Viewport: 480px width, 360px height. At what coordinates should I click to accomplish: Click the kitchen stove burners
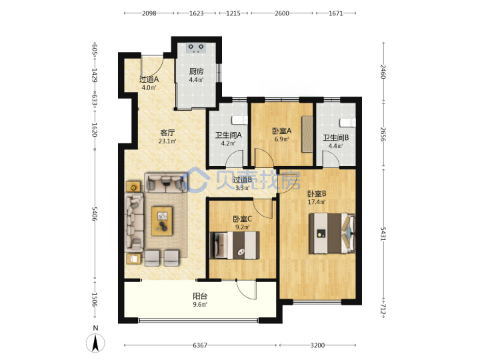click(x=196, y=48)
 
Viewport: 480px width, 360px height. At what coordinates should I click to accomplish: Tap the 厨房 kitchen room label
click(x=196, y=71)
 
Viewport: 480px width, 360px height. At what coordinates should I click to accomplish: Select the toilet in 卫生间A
click(x=239, y=120)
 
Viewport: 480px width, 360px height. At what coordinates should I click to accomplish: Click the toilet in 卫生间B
click(x=348, y=123)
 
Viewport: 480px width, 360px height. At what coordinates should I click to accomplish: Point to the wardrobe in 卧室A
click(x=307, y=134)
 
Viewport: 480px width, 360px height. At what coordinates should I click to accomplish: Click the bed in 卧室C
click(x=235, y=245)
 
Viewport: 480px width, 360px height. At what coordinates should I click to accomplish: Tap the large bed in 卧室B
click(x=332, y=233)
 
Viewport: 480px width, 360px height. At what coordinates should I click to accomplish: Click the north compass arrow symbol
click(x=95, y=343)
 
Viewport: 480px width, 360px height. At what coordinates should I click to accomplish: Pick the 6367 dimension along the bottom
click(x=200, y=345)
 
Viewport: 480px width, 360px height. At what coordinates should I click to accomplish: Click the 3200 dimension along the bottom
click(x=317, y=345)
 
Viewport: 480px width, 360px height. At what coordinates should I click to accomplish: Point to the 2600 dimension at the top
click(x=281, y=13)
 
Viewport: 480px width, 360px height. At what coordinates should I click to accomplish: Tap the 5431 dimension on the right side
click(x=383, y=234)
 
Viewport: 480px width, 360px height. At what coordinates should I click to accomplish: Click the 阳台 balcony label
click(x=200, y=296)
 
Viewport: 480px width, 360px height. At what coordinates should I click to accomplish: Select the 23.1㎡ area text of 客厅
click(x=167, y=141)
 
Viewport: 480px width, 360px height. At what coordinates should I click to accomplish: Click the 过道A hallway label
click(x=149, y=79)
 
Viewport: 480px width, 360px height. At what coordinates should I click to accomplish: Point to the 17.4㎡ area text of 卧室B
click(x=317, y=202)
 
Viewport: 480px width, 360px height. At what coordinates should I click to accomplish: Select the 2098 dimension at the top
click(x=149, y=13)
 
